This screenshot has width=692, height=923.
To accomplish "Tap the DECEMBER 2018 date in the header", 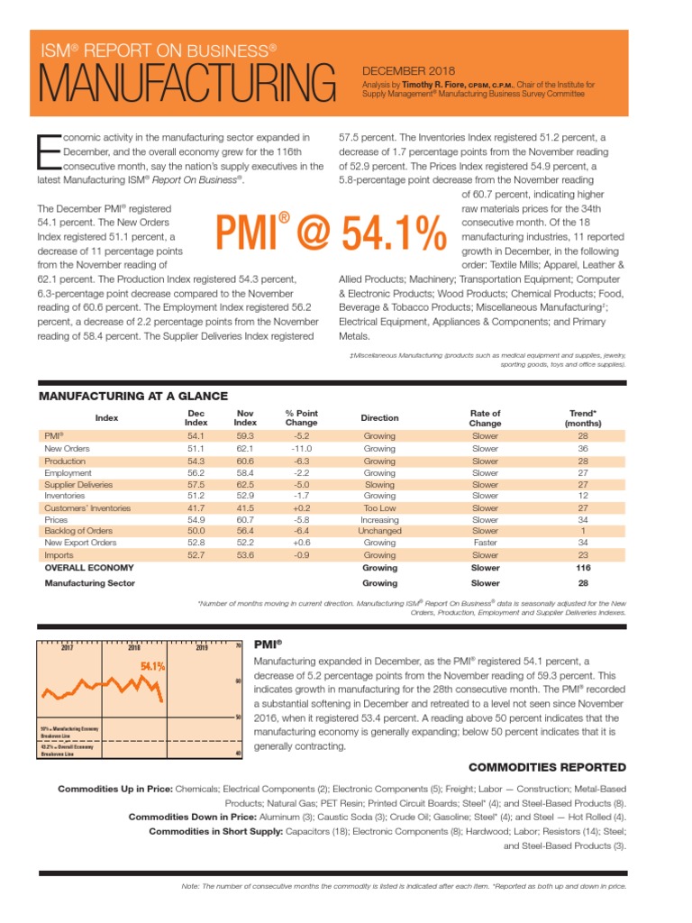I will click(408, 71).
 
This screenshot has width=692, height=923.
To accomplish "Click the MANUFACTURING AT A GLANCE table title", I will click(132, 397).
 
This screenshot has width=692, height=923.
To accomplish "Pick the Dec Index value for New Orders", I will click(196, 448).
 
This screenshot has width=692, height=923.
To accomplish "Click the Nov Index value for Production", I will click(245, 461).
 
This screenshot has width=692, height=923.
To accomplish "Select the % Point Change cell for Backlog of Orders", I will click(301, 531).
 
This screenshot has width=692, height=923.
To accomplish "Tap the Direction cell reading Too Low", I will click(379, 507).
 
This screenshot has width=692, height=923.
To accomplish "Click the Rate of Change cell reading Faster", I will click(485, 544).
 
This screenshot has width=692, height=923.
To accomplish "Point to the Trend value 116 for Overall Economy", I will click(582, 568).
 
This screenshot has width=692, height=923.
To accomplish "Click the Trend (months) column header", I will click(582, 418).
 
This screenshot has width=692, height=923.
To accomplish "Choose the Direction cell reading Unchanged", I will click(379, 531).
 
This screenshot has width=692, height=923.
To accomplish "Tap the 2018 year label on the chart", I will click(133, 647).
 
